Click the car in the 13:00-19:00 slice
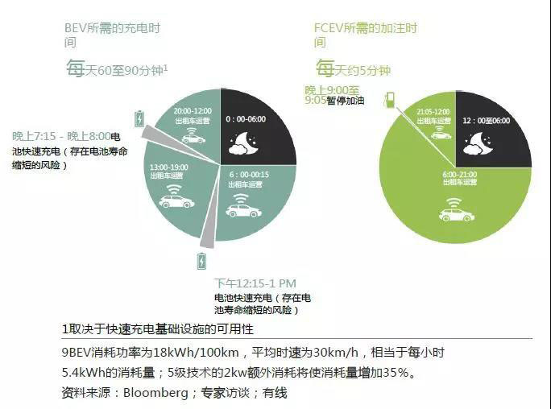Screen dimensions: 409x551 pos(176,200)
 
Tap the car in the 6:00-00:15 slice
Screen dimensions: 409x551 pos(243,210)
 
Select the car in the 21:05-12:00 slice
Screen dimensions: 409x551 pos(441,134)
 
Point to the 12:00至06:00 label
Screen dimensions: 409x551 pos(486,120)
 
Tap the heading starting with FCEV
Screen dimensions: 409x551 pos(365,27)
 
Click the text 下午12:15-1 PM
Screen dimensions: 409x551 pos(255,283)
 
